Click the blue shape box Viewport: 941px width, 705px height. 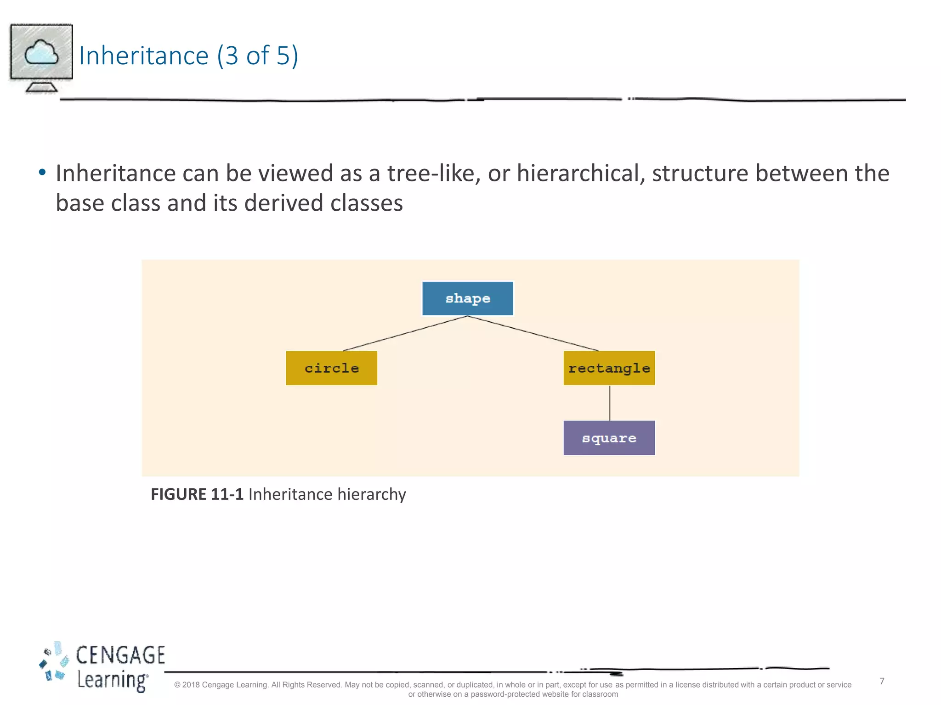tap(467, 298)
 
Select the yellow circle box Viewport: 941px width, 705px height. tap(331, 368)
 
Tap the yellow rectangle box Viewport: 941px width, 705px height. tap(609, 368)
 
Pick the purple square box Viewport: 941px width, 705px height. tap(609, 438)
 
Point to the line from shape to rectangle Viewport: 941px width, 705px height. tap(533, 333)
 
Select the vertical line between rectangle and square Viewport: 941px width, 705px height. tap(609, 403)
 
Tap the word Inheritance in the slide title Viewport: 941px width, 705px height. tap(144, 56)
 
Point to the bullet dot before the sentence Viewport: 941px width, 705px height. tap(42, 173)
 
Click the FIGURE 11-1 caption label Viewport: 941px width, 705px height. tap(197, 494)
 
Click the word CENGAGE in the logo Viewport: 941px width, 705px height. tap(120, 655)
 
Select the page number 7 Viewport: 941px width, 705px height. tap(882, 681)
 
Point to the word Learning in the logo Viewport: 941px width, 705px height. tap(112, 680)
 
